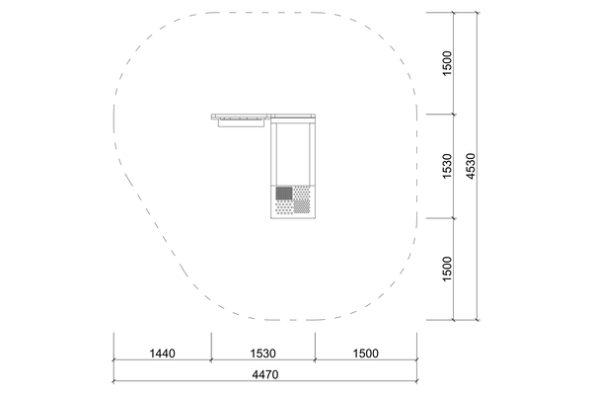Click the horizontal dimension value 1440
pos(163,354)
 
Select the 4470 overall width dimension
pos(265,374)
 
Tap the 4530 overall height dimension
pos(471,166)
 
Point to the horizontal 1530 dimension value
pos(263,354)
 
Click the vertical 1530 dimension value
pos(447,166)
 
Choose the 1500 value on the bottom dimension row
pos(365,354)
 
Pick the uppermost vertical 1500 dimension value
pos(447,63)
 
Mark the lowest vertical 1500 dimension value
pos(447,269)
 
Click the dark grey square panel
pos(284,194)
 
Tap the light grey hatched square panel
pos(302,206)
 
